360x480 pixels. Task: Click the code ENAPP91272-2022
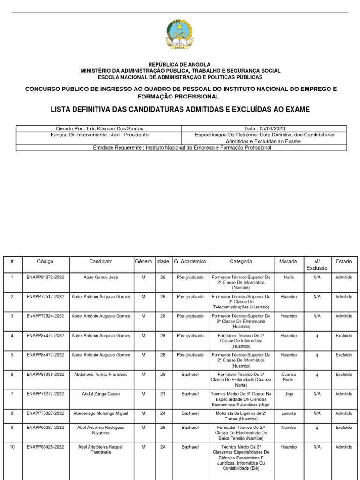(x=45, y=277)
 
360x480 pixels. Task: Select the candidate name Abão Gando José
(x=101, y=277)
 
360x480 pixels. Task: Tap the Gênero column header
(x=144, y=262)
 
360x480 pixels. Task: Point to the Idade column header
(x=163, y=262)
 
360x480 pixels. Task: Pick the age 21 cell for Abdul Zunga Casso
(x=163, y=394)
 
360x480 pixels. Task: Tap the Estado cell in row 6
(x=344, y=375)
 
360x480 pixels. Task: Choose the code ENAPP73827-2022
(x=45, y=413)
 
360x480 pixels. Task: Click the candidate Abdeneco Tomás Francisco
(x=101, y=375)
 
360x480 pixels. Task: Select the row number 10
(x=12, y=447)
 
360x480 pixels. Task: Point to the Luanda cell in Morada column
(x=288, y=413)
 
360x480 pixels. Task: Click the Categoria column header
(x=241, y=262)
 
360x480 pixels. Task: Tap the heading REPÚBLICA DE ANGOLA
(x=180, y=64)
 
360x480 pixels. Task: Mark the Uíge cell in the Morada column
(x=288, y=394)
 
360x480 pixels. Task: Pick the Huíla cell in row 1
(x=288, y=277)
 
